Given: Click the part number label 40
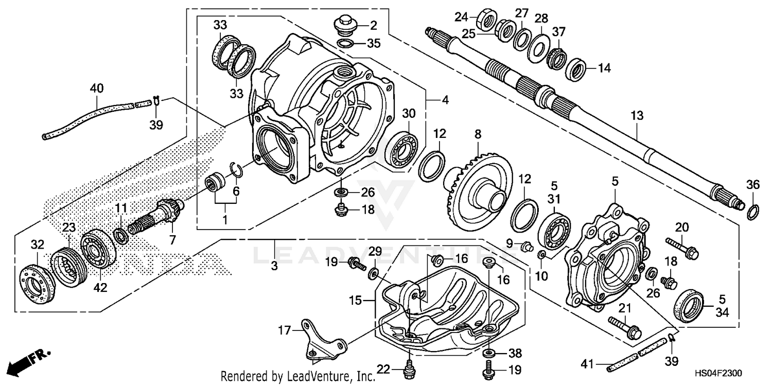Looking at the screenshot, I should click(96, 89).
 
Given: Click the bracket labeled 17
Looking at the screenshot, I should click(319, 340).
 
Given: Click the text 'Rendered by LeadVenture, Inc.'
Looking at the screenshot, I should click(298, 377).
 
